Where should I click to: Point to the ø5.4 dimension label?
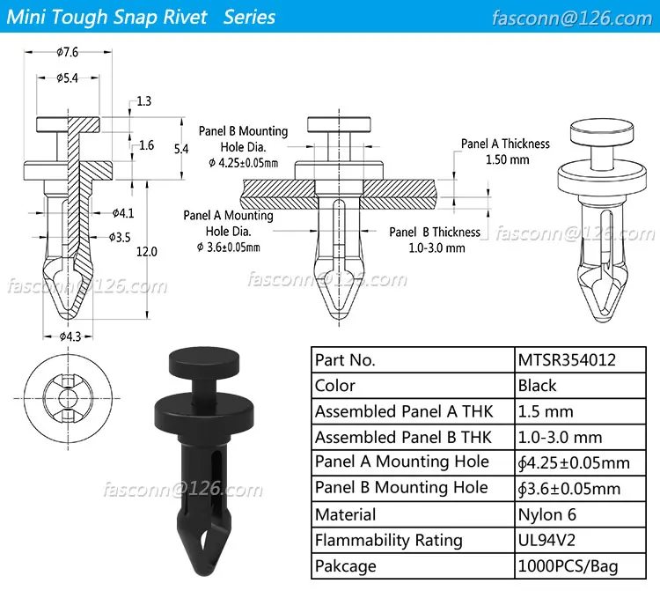(68, 78)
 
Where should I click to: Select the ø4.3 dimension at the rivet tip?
(70, 336)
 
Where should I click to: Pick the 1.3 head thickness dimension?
(145, 101)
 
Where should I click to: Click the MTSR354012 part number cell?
(567, 360)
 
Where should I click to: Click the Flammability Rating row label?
(389, 540)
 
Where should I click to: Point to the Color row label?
(335, 386)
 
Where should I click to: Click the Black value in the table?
(537, 386)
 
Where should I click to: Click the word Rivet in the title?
(191, 18)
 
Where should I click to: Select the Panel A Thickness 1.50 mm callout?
(505, 151)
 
